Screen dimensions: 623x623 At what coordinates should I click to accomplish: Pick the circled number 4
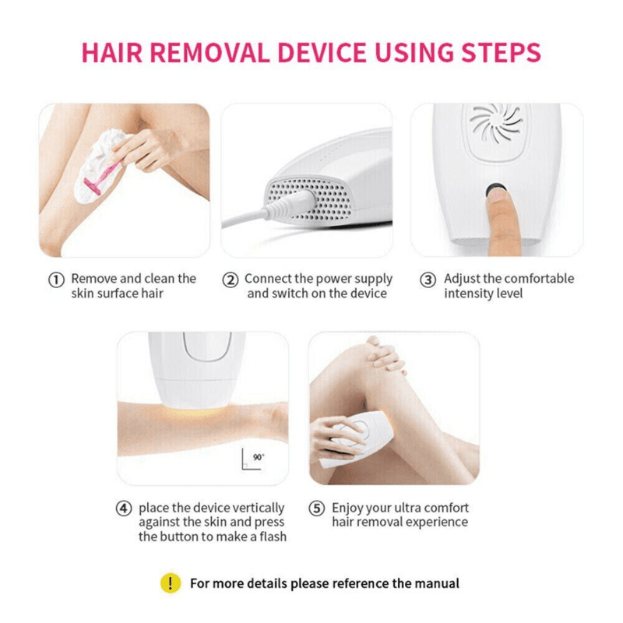point(124,509)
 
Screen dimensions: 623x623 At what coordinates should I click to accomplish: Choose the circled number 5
point(317,509)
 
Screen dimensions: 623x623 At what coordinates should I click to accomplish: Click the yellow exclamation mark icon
point(170,583)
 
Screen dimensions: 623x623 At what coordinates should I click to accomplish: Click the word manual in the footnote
point(437,583)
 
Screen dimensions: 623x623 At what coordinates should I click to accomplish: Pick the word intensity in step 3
point(469,294)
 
